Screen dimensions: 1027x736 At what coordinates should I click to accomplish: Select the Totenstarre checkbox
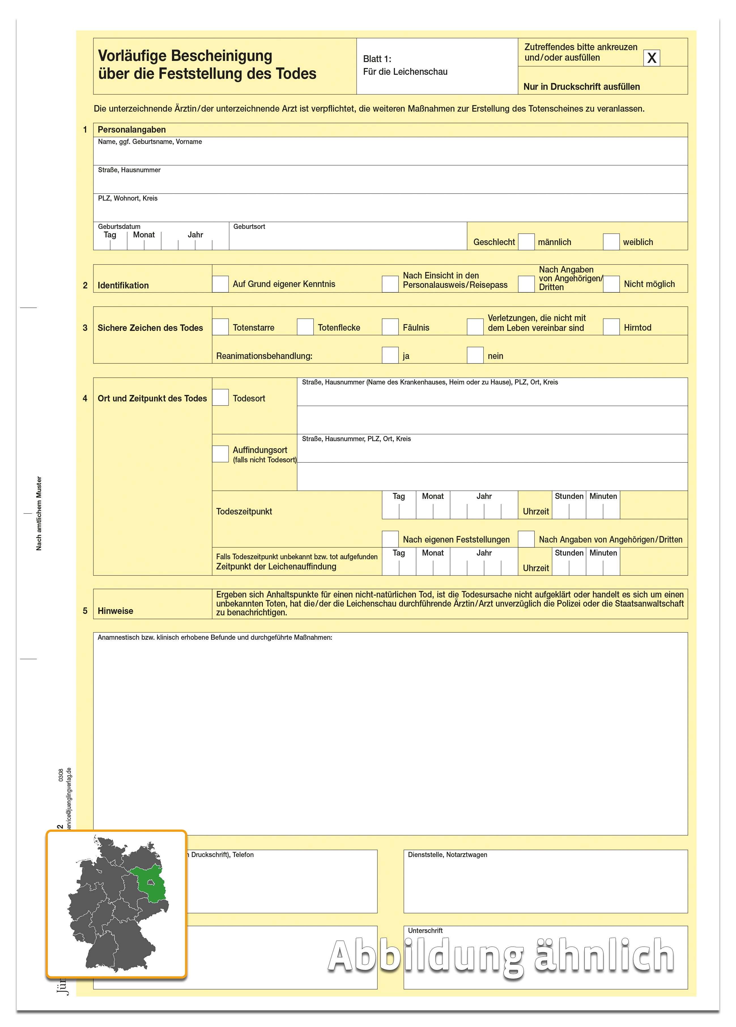coord(220,327)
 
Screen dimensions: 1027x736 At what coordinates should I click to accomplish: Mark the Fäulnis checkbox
coord(390,327)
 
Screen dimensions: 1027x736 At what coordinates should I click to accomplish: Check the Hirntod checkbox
coord(611,327)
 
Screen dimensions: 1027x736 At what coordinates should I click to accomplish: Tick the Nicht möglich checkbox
coord(611,284)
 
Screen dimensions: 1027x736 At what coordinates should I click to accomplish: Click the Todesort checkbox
coord(220,397)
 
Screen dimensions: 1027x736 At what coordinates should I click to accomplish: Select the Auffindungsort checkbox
coord(220,454)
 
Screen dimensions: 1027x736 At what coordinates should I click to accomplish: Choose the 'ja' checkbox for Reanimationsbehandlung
coord(390,355)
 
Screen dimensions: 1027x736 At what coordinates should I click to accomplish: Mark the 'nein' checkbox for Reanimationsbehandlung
coord(475,355)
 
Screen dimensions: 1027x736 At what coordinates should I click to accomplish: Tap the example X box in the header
coord(651,58)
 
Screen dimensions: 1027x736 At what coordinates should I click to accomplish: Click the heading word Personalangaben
coord(131,129)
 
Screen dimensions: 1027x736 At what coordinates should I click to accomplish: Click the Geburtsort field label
coord(249,226)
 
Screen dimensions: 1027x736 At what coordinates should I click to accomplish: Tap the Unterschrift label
coord(425,931)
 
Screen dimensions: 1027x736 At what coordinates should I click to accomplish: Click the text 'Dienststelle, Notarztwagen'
coord(447,854)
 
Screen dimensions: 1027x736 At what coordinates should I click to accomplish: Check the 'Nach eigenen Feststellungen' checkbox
coord(390,539)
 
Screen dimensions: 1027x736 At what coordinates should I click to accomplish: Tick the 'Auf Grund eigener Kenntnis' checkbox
coord(220,284)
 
